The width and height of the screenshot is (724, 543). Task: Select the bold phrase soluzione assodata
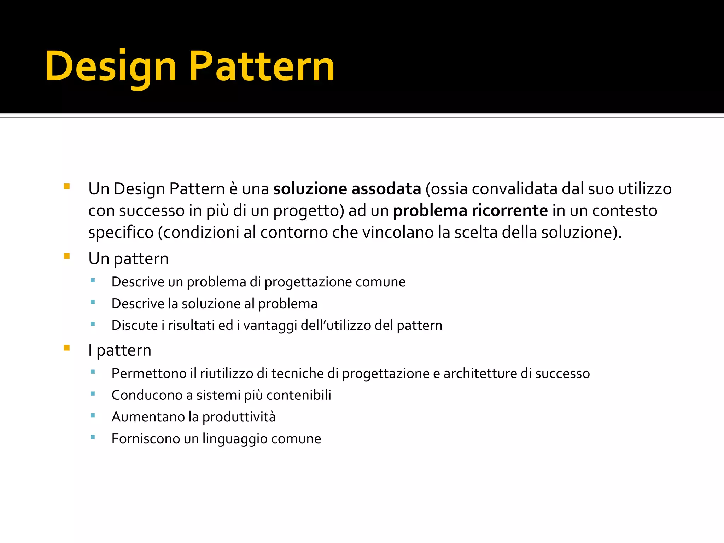tap(347, 189)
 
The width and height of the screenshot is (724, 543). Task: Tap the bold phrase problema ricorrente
tap(470, 211)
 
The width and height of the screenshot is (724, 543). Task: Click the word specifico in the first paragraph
tap(121, 233)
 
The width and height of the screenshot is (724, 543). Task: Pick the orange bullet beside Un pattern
tap(67, 256)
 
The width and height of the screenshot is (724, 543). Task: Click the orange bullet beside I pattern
tap(67, 348)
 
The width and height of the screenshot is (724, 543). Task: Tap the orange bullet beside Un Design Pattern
tap(67, 186)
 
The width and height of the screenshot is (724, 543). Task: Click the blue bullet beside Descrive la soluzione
tap(93, 302)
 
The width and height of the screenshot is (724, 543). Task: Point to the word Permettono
tap(148, 374)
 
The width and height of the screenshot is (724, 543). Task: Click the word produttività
tap(239, 417)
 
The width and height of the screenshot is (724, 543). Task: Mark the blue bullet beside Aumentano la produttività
tap(93, 416)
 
